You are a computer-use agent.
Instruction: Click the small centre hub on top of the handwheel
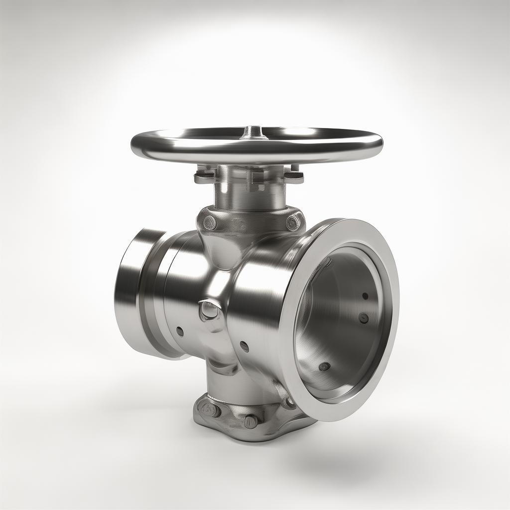point(254,131)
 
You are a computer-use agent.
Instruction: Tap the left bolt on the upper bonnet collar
point(210,222)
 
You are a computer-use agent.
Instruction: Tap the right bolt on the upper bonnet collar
point(293,222)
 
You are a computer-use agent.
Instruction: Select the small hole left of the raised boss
point(180,331)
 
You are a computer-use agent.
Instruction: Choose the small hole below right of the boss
point(244,346)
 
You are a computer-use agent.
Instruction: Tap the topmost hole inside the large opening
point(365,296)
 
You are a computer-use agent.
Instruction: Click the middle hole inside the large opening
point(364,318)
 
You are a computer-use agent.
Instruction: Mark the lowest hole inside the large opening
point(324,367)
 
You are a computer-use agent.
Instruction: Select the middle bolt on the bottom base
point(251,421)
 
